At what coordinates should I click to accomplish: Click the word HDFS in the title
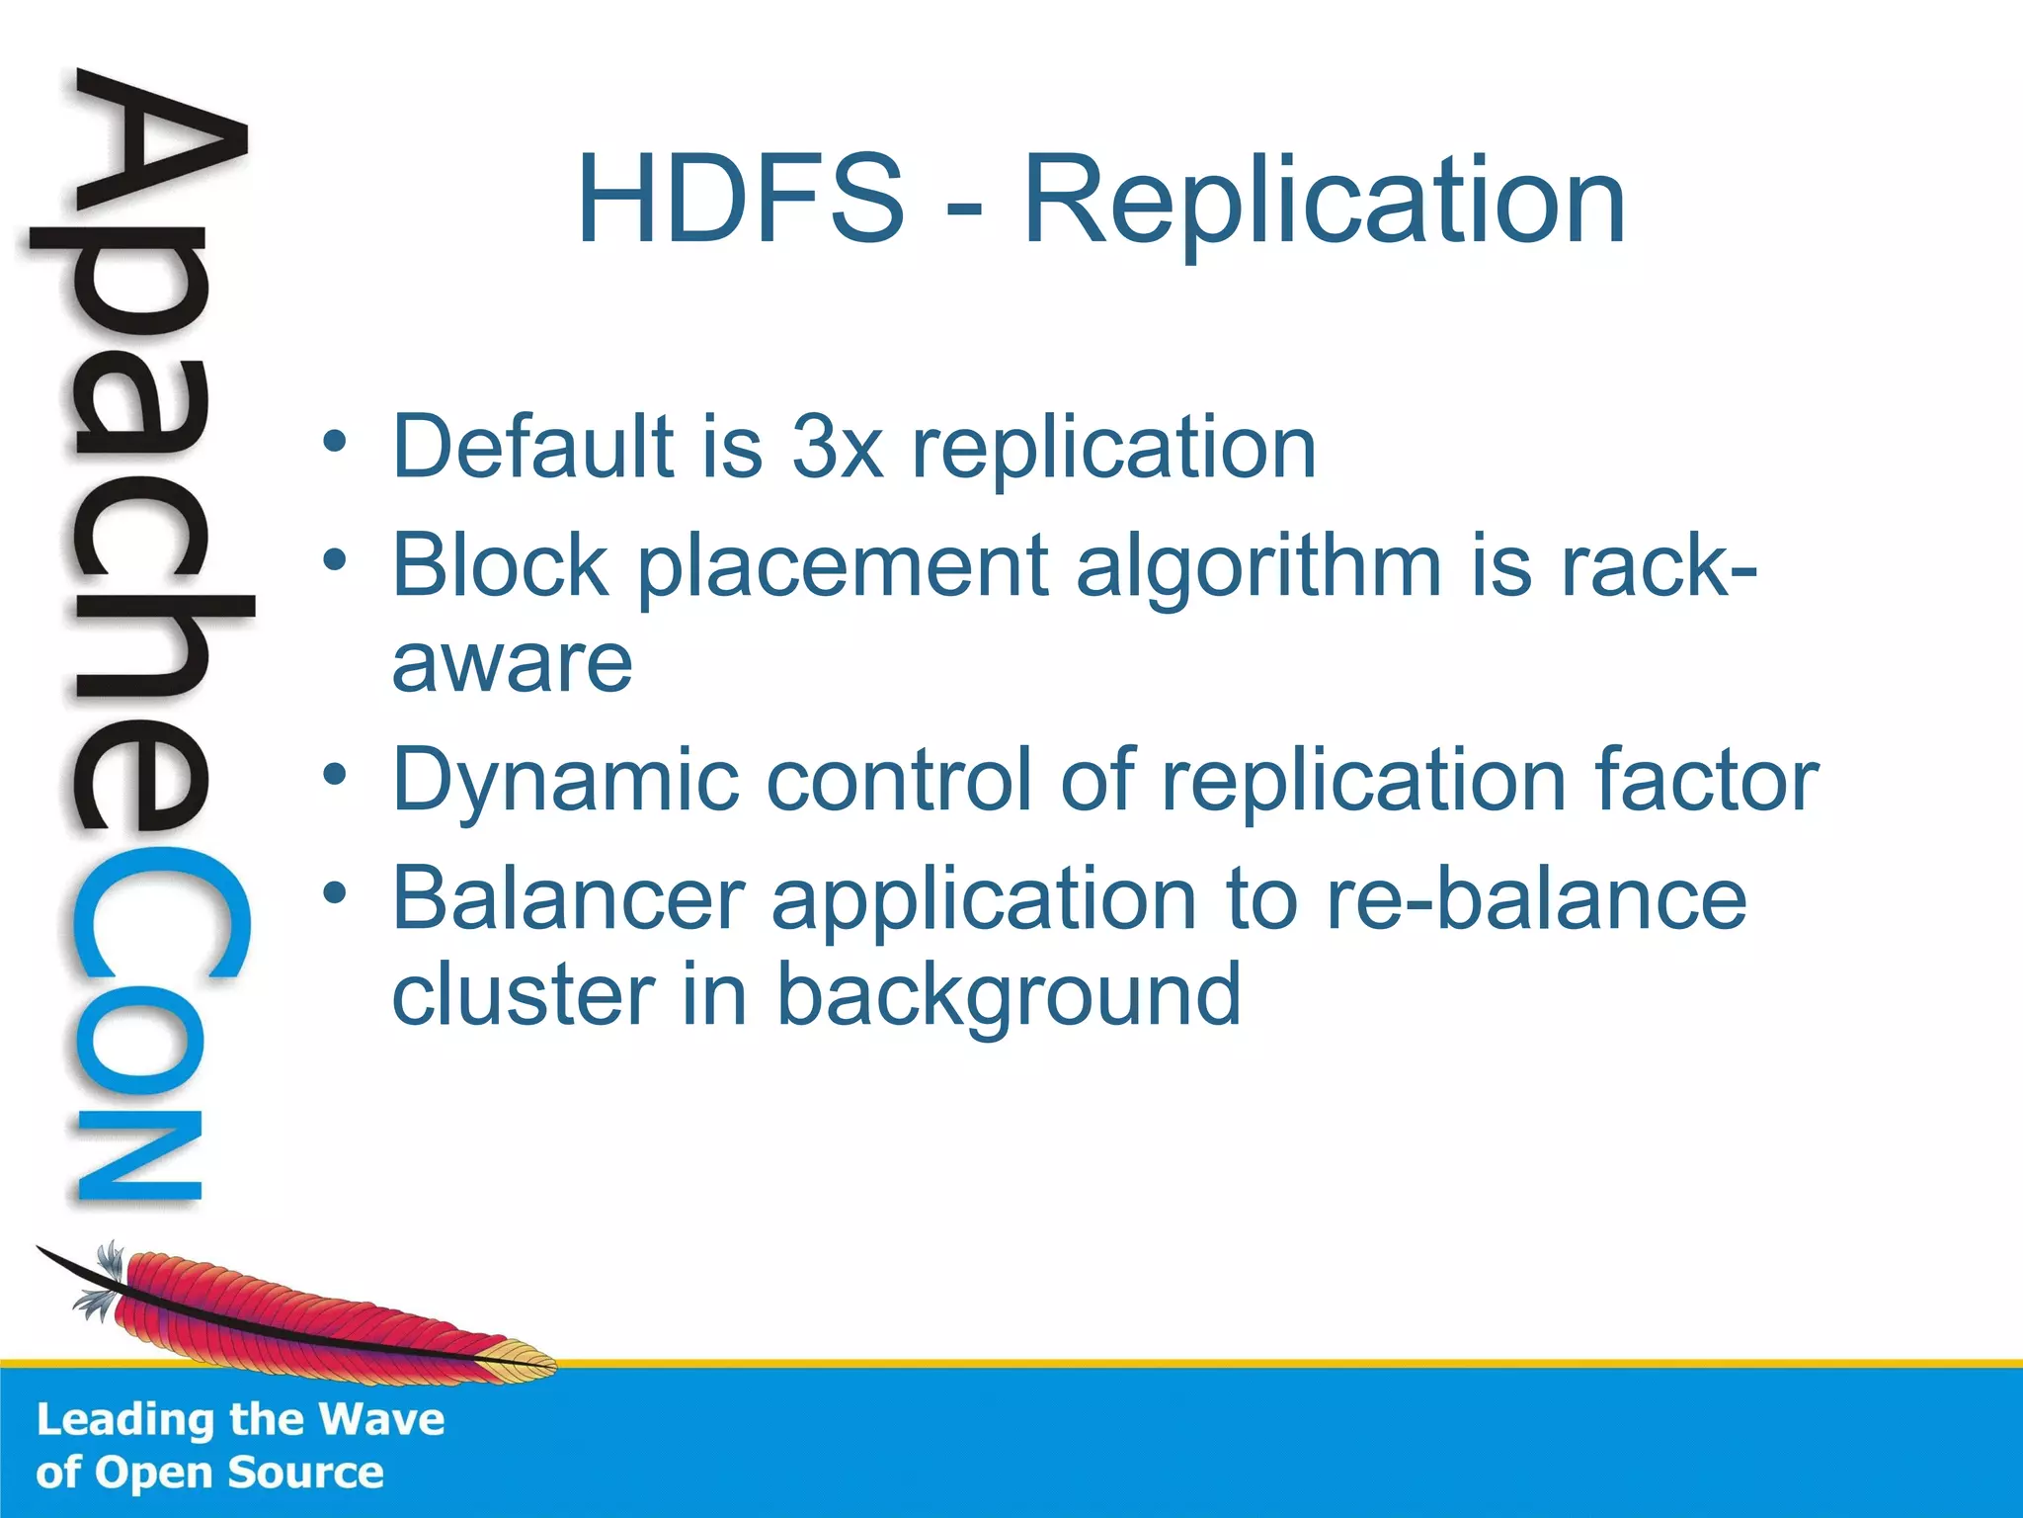[741, 200]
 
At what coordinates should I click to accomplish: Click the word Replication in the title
[1324, 203]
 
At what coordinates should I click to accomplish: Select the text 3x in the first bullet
[837, 447]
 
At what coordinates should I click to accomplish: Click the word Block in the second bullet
[501, 565]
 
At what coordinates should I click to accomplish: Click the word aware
[512, 664]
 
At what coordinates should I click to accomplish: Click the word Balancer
[568, 899]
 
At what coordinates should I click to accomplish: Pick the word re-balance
[1536, 899]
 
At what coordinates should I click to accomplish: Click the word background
[1008, 996]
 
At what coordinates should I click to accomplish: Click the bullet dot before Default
[336, 441]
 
